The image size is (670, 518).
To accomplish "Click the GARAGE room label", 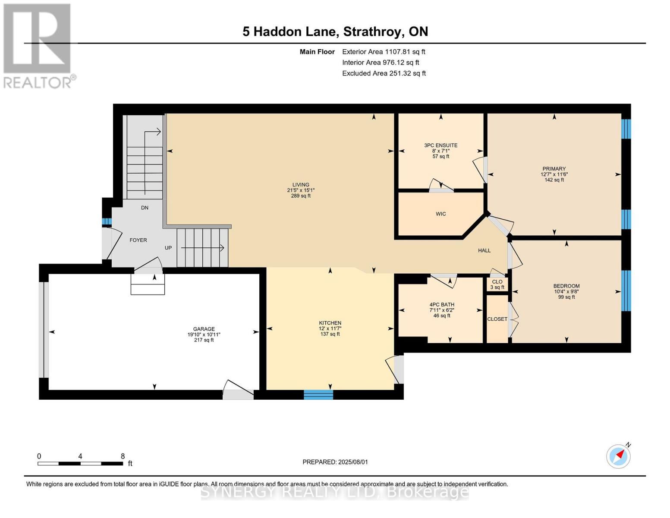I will (204, 329).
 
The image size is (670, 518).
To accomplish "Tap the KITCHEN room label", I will (330, 323).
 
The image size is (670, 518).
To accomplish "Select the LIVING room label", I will (301, 185).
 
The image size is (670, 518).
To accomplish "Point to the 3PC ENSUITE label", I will (440, 145).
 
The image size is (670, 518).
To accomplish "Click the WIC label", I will (440, 214).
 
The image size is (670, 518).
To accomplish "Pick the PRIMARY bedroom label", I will (554, 169).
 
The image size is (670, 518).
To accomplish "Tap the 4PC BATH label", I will (442, 304).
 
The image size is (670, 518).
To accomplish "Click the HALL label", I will (484, 250).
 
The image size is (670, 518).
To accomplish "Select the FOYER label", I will (138, 240).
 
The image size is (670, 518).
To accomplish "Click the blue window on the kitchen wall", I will (318, 395).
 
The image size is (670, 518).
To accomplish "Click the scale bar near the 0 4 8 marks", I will (80, 464).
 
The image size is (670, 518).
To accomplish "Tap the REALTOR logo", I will (38, 45).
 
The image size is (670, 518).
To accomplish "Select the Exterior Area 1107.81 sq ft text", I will (384, 52).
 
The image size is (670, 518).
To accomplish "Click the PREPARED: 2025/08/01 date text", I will (335, 462).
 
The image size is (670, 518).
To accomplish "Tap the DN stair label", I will (145, 208).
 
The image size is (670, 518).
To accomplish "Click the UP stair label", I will (168, 248).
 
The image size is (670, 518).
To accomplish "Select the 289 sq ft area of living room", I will (301, 196).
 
